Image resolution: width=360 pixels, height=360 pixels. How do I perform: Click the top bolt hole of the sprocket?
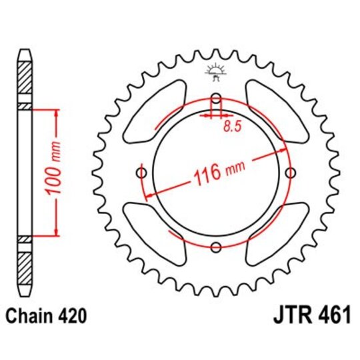[215, 100]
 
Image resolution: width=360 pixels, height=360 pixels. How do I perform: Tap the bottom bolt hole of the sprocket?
[215, 247]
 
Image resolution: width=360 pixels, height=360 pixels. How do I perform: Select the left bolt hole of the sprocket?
[142, 173]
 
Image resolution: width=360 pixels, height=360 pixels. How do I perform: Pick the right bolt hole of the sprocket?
[289, 173]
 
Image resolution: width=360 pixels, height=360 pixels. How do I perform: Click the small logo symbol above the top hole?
[215, 69]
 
